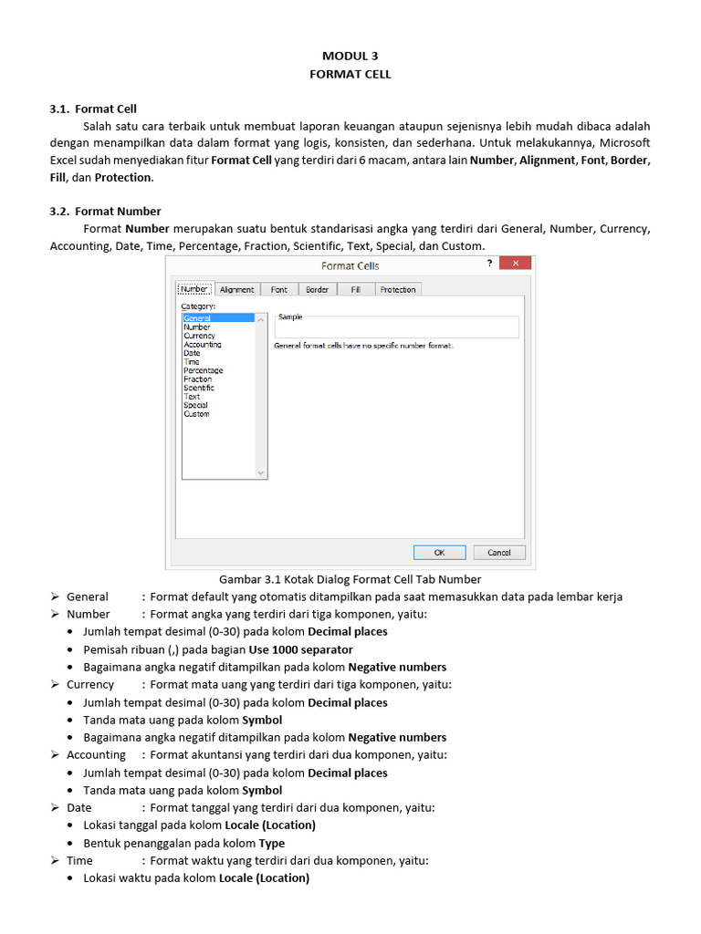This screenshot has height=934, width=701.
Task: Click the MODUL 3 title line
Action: (x=350, y=56)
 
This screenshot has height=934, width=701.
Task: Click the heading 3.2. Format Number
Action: (x=105, y=211)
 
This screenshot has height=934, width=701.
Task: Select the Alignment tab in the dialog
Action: (x=236, y=289)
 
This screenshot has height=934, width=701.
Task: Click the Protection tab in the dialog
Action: (x=397, y=289)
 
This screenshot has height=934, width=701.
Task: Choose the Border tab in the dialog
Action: (x=317, y=289)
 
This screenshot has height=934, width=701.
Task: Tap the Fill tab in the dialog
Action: (x=355, y=289)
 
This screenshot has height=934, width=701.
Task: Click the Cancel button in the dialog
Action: (x=498, y=552)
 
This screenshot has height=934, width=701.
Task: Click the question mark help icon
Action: (x=489, y=265)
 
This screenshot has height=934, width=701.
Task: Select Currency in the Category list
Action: (x=199, y=336)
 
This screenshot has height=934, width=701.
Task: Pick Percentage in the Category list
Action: (x=203, y=370)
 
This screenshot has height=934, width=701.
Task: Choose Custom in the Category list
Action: (x=196, y=414)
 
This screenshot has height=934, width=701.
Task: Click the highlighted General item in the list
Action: (x=197, y=318)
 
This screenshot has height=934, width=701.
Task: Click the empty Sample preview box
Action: (x=396, y=328)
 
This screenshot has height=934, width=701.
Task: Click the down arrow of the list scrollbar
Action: (x=261, y=472)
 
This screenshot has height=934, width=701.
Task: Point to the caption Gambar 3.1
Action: (x=350, y=579)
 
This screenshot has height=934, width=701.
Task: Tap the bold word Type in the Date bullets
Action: (x=272, y=843)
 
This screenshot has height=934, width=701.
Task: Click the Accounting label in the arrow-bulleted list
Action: (x=96, y=754)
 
